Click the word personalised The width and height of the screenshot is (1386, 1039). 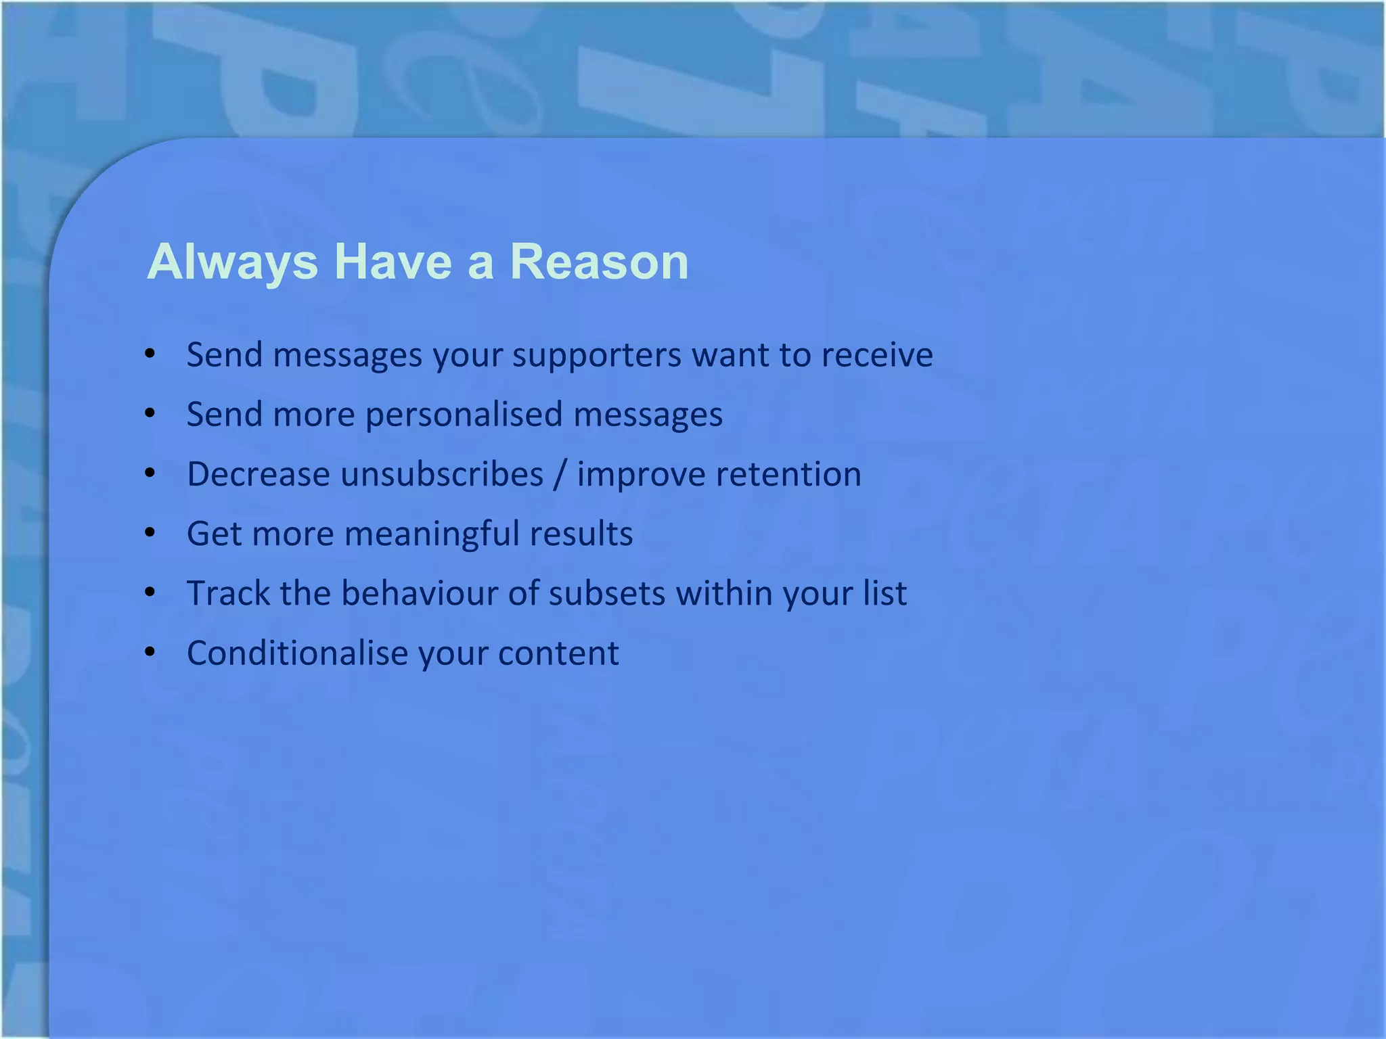point(464,415)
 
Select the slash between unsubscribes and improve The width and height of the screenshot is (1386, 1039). point(560,474)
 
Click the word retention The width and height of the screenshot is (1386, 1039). point(788,474)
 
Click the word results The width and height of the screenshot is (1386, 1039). point(581,534)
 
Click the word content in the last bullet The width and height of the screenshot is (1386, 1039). point(558,653)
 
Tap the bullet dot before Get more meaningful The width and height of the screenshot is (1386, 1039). point(150,533)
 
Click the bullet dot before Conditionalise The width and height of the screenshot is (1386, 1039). point(150,653)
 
